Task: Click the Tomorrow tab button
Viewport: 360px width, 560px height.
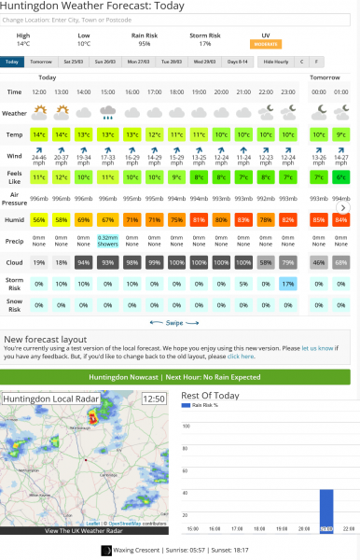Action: tap(40, 62)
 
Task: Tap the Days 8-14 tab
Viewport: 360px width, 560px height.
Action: tap(239, 62)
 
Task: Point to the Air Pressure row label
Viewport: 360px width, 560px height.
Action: tap(14, 197)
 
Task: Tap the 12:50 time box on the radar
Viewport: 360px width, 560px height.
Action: tap(153, 399)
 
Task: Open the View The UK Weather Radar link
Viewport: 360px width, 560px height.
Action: tap(85, 531)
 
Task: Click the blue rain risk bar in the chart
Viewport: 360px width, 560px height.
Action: tap(325, 511)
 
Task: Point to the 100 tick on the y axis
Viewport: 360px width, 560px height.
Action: tap(185, 426)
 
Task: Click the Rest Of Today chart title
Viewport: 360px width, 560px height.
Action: tap(210, 396)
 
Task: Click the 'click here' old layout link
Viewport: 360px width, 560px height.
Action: tap(241, 356)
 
